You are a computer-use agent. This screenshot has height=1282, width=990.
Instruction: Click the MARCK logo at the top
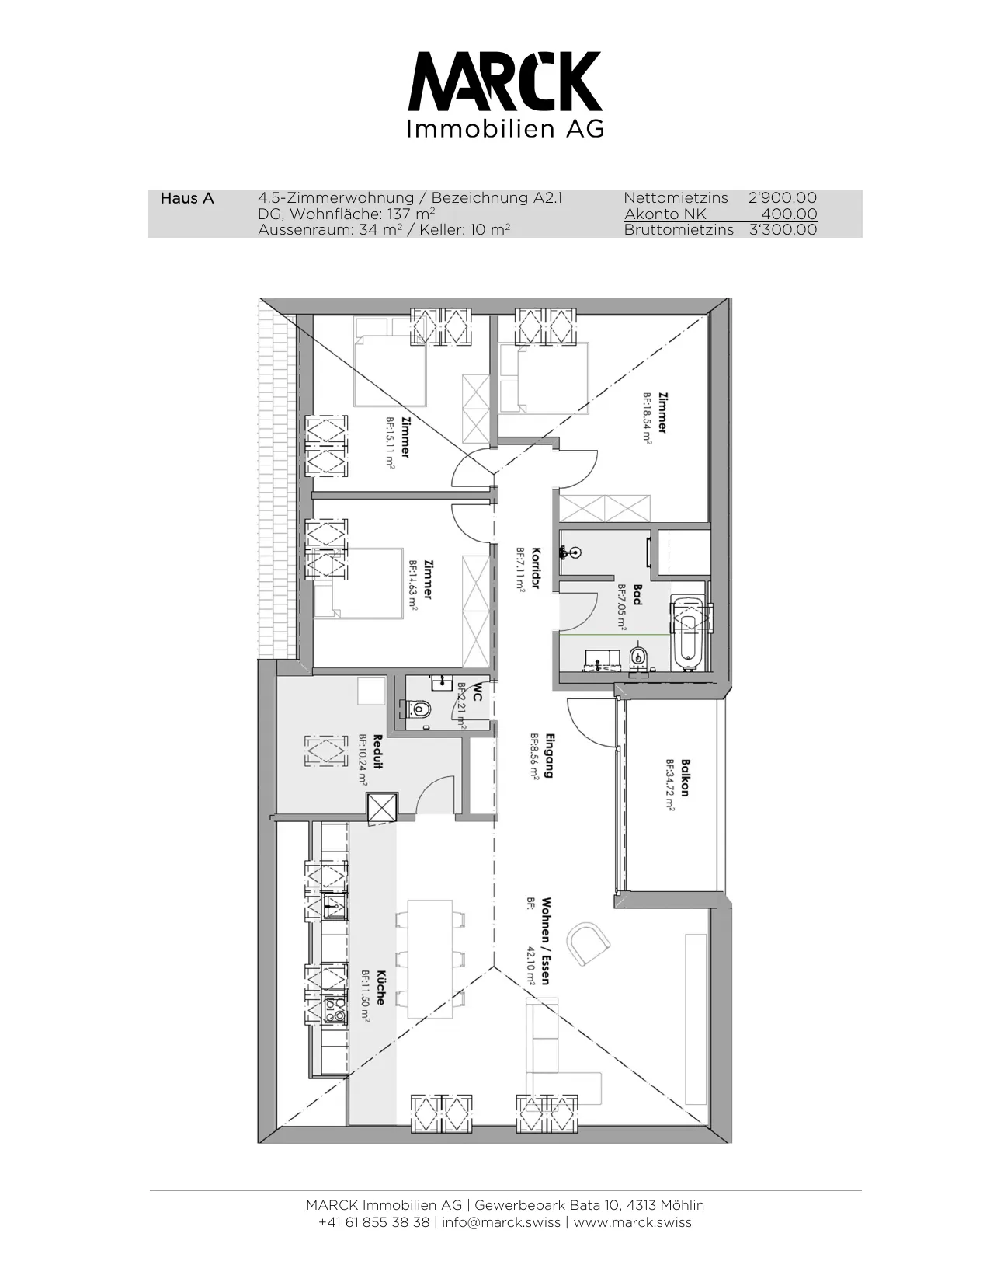pyautogui.click(x=505, y=94)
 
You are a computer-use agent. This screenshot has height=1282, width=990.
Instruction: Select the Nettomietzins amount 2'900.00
pyautogui.click(x=783, y=197)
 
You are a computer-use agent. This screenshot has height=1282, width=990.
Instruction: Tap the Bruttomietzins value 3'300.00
pyautogui.click(x=783, y=229)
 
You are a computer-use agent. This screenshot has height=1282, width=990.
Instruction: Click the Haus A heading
pyautogui.click(x=187, y=198)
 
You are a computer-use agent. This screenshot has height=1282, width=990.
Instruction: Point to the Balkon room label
pyautogui.click(x=685, y=778)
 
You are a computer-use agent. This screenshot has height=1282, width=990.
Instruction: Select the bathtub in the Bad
pyautogui.click(x=688, y=634)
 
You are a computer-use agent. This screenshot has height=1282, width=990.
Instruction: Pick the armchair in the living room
pyautogui.click(x=588, y=943)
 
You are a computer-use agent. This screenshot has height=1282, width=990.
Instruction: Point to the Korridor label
pyautogui.click(x=536, y=567)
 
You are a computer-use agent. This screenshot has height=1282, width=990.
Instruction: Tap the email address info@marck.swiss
pyautogui.click(x=501, y=1222)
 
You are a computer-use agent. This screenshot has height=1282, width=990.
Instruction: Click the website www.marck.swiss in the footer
pyautogui.click(x=633, y=1222)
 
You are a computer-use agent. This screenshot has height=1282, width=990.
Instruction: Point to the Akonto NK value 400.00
pyautogui.click(x=789, y=214)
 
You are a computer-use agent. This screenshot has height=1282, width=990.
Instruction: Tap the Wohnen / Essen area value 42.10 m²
pyautogui.click(x=530, y=966)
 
